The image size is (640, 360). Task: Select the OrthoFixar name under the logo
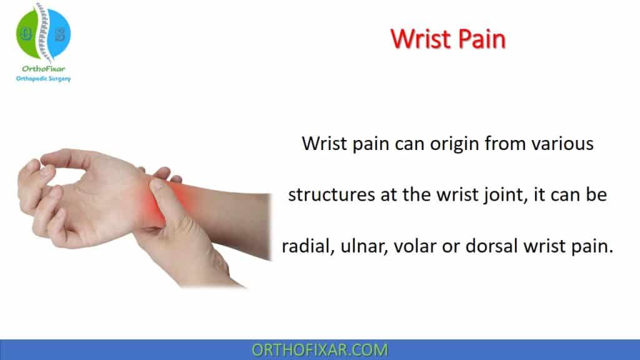coord(42,69)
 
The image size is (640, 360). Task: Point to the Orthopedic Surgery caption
coord(42,79)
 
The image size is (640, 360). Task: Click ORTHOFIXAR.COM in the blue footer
coord(319,350)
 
